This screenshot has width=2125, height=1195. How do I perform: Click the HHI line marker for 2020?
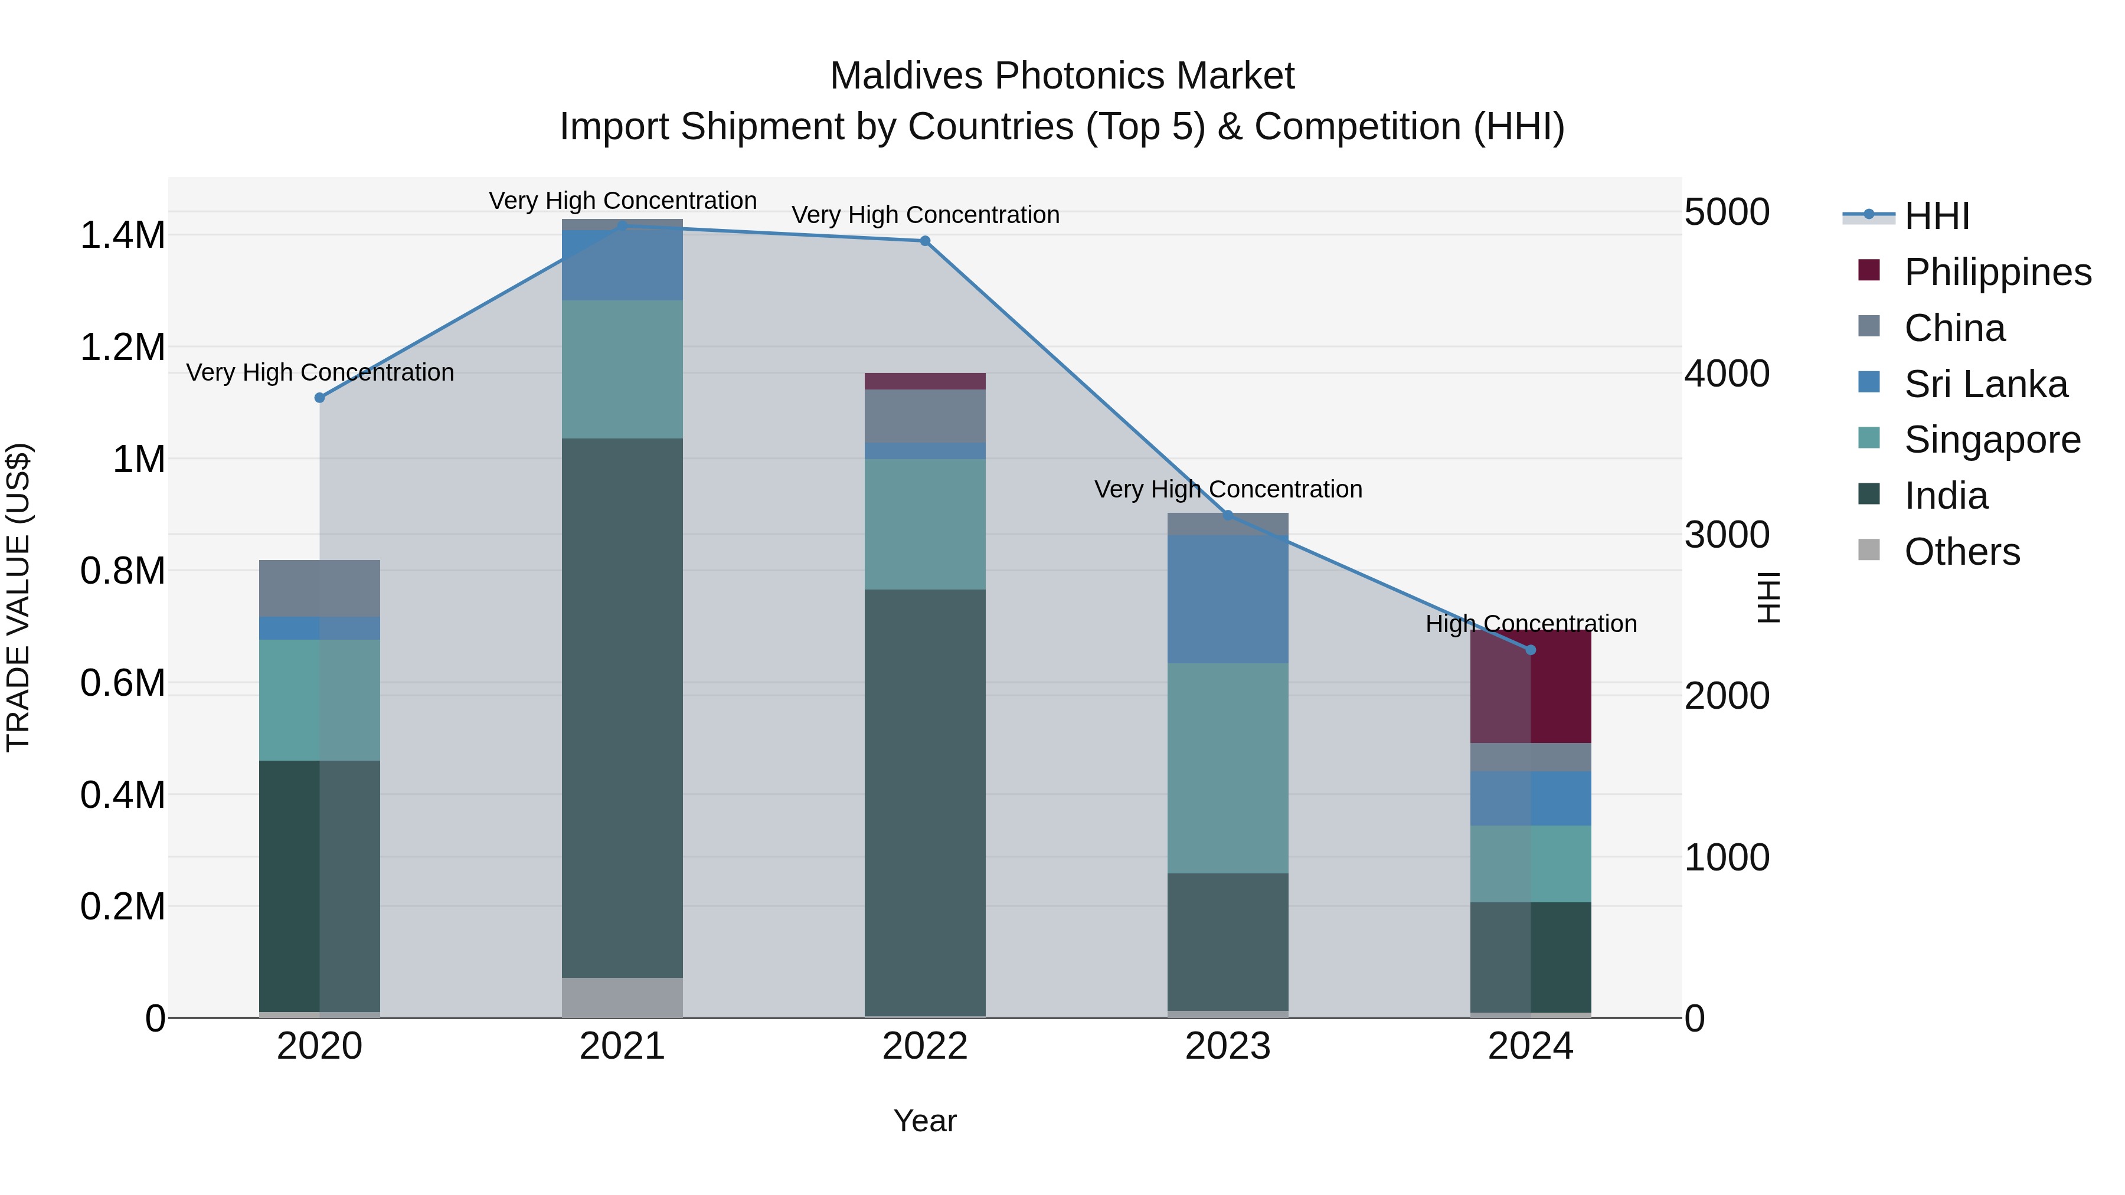click(320, 398)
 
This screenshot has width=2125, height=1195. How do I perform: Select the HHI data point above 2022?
click(925, 241)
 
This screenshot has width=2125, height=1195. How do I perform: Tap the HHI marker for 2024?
click(1530, 650)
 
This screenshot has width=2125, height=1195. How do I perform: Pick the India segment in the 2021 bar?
click(622, 708)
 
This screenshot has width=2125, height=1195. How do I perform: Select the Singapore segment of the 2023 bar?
click(1228, 768)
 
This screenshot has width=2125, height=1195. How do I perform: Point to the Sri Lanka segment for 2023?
click(1228, 599)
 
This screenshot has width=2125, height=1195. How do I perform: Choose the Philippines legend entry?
click(1997, 271)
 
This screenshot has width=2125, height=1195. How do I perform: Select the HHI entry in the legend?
click(1936, 216)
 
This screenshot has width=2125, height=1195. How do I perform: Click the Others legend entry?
click(1961, 551)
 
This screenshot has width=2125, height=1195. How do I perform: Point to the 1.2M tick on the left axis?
click(122, 347)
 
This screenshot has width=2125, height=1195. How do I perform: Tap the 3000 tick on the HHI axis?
click(1726, 535)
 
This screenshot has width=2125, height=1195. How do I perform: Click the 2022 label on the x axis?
click(925, 1046)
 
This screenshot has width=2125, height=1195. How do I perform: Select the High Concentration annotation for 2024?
click(1530, 624)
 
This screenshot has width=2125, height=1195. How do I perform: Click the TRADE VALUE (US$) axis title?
click(18, 597)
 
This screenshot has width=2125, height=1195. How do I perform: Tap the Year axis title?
click(925, 1121)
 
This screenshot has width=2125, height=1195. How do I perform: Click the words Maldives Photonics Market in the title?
click(1062, 76)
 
